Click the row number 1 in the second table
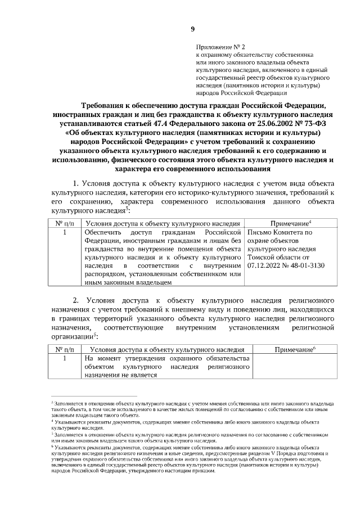click(x=65, y=358)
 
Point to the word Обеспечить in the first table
click(x=105, y=232)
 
